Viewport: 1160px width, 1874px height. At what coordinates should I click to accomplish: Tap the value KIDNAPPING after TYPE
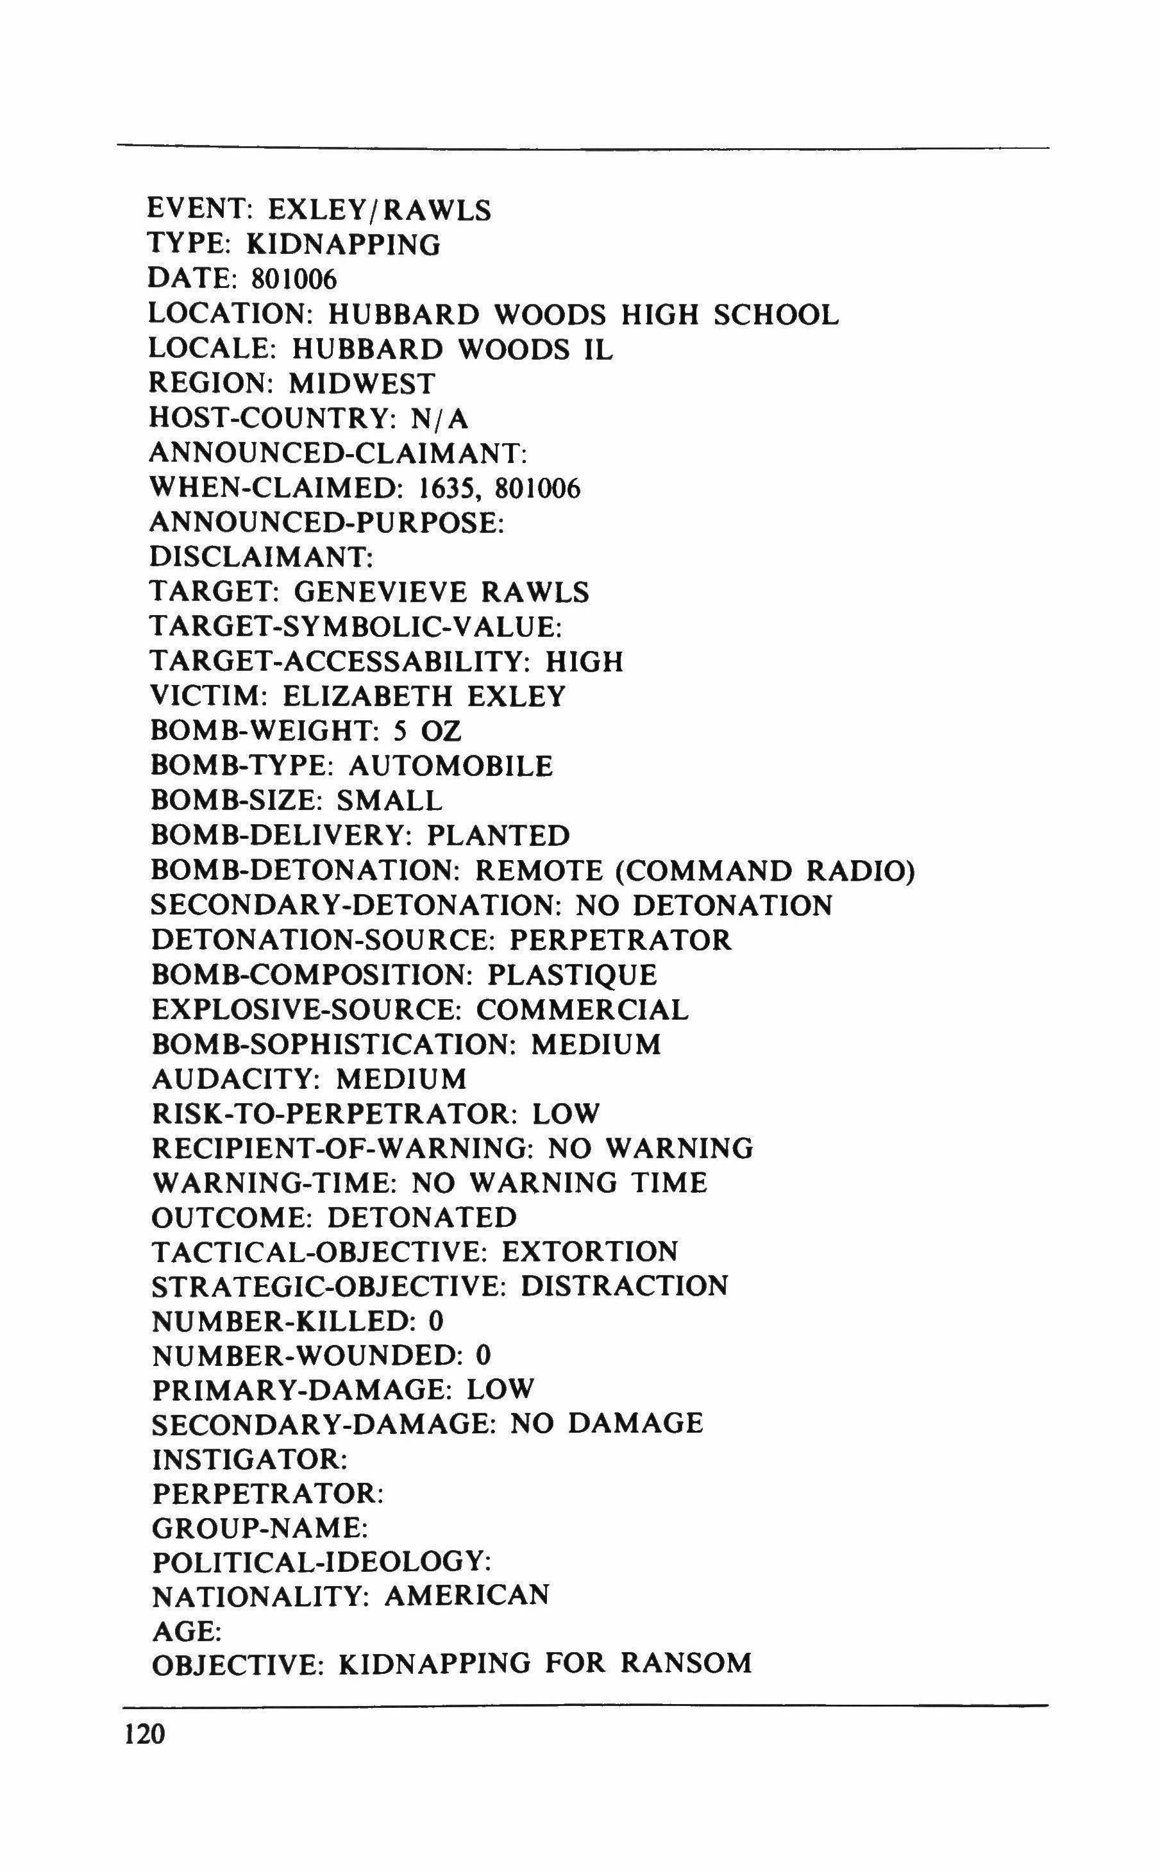(344, 246)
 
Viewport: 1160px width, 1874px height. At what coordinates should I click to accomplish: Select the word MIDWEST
(362, 384)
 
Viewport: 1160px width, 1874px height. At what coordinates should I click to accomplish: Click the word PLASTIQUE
(573, 975)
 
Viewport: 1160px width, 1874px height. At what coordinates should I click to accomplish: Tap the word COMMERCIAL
(583, 1009)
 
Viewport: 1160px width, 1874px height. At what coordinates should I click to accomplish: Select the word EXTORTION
(591, 1252)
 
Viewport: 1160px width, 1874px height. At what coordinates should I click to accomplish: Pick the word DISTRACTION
(625, 1287)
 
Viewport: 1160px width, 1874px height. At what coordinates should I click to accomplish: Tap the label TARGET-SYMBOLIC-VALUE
(356, 627)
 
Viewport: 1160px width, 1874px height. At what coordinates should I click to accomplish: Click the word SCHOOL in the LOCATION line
(776, 314)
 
